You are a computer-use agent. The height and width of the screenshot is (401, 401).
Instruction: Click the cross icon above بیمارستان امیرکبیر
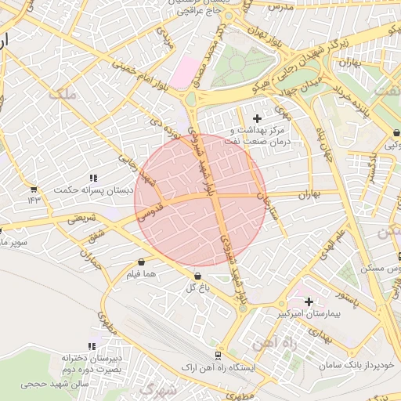309,302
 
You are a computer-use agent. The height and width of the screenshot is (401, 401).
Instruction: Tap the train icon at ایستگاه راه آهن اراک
221,354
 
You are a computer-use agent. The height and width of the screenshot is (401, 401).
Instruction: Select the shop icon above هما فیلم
141,262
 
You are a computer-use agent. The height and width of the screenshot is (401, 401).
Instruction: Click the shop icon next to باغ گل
197,276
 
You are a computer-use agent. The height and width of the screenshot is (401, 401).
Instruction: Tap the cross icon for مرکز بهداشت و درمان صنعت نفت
258,117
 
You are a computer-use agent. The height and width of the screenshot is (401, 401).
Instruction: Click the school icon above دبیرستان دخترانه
92,346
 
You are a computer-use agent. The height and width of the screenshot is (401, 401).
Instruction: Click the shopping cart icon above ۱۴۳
33,189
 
